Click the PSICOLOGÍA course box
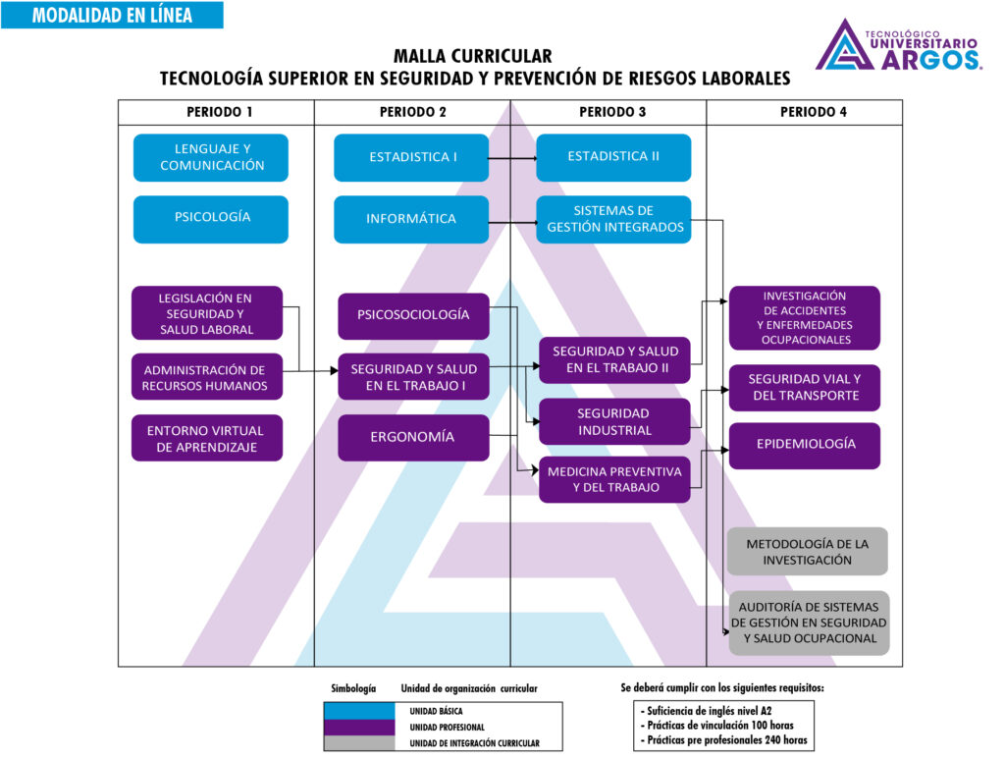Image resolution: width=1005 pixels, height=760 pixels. click(211, 218)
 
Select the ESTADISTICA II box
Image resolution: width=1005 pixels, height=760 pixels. click(613, 157)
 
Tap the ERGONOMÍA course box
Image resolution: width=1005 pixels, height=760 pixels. click(412, 437)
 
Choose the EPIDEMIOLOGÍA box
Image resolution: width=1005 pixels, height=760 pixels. click(805, 445)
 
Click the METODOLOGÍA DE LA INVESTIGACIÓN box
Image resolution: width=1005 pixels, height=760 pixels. click(807, 552)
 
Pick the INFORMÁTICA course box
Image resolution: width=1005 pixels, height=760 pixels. click(411, 219)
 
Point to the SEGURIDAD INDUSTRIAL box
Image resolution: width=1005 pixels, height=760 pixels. click(613, 421)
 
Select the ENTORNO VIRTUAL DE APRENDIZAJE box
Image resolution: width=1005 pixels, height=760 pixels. click(206, 438)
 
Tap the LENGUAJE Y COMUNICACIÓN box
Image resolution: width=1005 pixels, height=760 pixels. click(211, 157)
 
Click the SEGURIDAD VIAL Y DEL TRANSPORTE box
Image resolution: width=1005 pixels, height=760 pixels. click(805, 387)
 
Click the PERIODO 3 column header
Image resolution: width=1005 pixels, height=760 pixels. click(608, 112)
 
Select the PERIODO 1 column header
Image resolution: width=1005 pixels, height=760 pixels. click(216, 112)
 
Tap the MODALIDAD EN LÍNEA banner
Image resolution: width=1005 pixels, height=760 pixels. click(112, 16)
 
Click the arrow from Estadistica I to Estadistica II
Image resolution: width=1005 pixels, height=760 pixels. click(512, 157)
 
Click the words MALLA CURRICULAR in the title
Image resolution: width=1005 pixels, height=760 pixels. click(472, 57)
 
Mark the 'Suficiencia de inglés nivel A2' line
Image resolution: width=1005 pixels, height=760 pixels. click(713, 709)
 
